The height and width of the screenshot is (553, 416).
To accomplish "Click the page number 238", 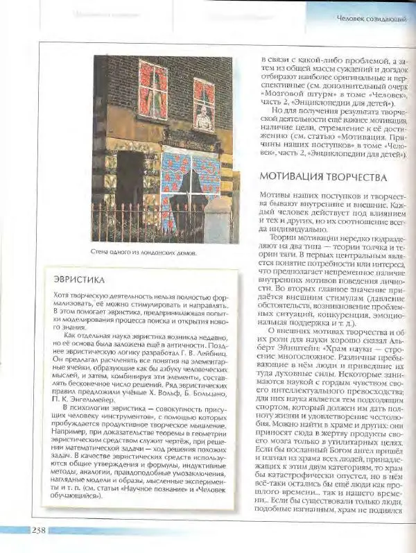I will coord(38,531).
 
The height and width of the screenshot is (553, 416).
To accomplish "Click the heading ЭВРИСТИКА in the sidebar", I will coord(78,280).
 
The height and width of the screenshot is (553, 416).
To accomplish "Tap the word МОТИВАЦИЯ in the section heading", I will coord(292,177).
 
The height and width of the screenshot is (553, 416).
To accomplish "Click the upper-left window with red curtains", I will coord(153,89).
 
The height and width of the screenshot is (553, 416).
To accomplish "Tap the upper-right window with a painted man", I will coord(204,105).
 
